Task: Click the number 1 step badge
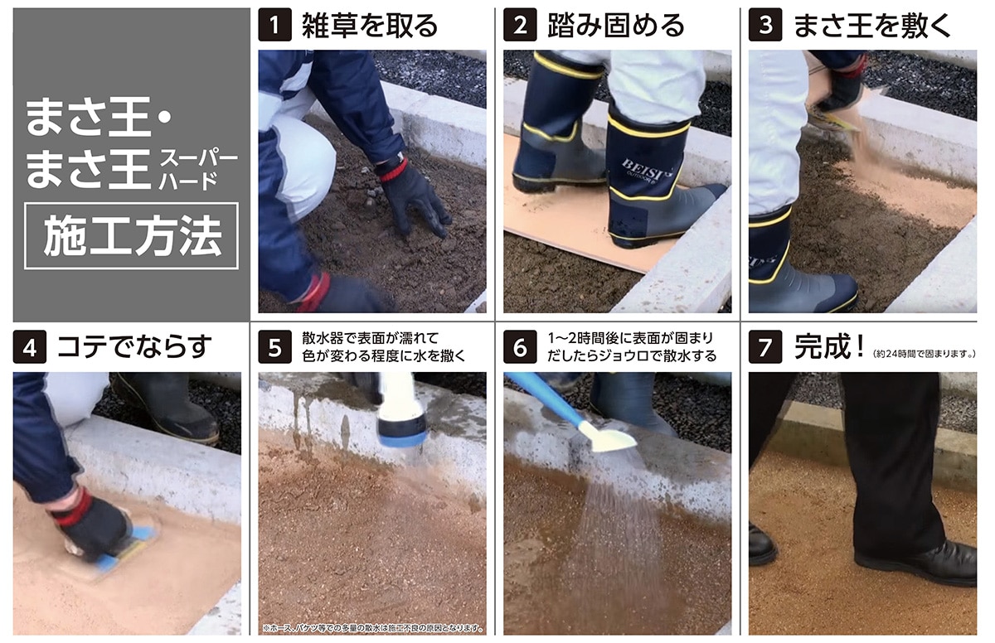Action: point(274,25)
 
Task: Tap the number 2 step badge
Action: point(520,25)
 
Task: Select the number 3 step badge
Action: point(764,25)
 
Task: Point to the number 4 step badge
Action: point(29,347)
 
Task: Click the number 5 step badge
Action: point(274,347)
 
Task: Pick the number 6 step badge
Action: point(520,347)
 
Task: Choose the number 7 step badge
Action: point(764,347)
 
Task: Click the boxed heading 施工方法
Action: point(131,236)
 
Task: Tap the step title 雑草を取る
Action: point(370,25)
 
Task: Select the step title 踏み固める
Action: point(616,25)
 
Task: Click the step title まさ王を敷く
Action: point(873,25)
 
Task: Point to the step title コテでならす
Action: point(134,347)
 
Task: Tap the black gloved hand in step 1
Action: point(415,195)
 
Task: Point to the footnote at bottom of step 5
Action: point(372,627)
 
